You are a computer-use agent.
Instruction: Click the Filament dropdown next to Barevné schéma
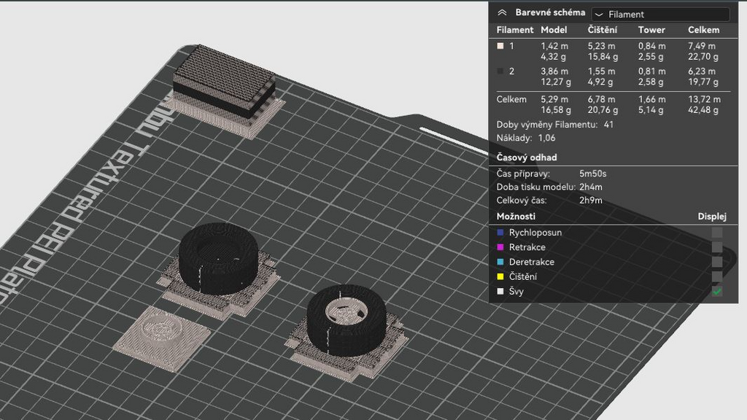click(660, 15)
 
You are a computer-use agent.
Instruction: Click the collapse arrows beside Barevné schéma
click(502, 13)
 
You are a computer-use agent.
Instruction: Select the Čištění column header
click(602, 30)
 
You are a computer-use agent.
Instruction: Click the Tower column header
click(651, 30)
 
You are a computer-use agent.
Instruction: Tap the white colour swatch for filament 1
click(500, 46)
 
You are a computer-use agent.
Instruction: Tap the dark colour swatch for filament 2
click(500, 71)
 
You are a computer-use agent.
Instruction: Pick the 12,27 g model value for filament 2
click(555, 82)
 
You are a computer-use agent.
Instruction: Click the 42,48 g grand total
click(703, 110)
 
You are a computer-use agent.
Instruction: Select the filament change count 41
click(608, 125)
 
